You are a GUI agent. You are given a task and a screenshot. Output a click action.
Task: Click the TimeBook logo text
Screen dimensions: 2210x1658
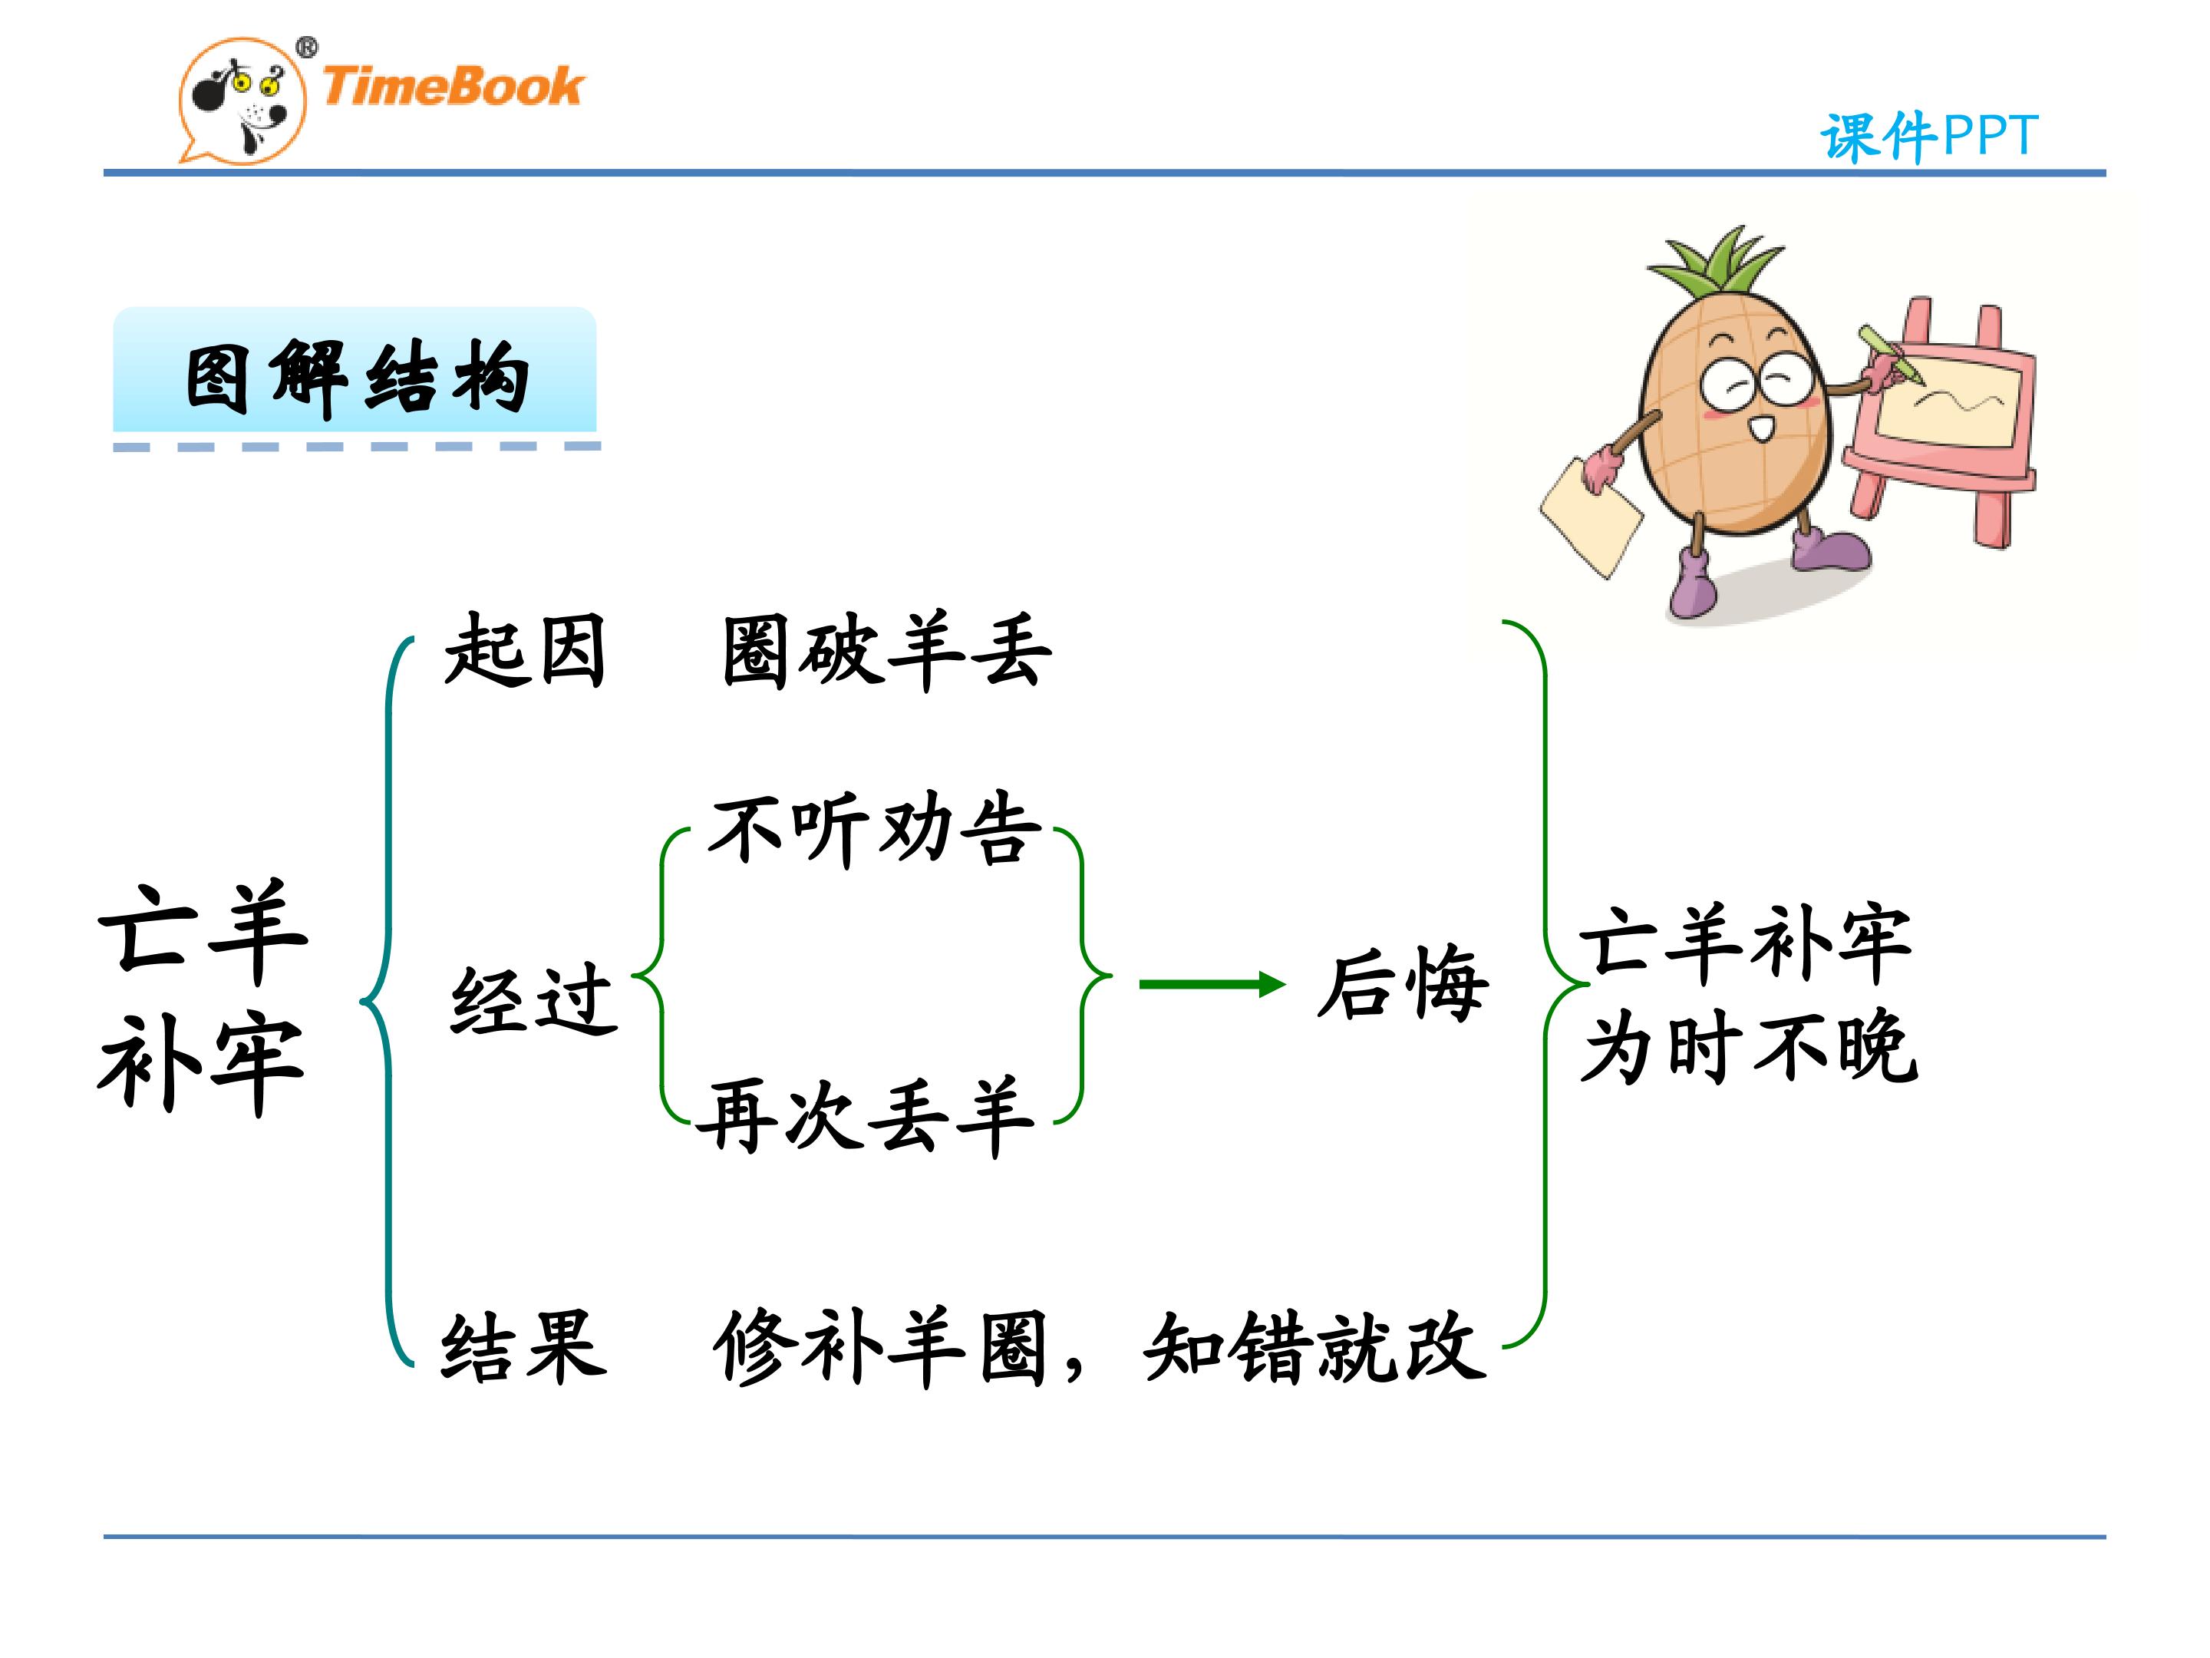pos(451,86)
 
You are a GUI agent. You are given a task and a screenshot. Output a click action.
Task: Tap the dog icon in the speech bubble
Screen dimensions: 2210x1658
pos(242,101)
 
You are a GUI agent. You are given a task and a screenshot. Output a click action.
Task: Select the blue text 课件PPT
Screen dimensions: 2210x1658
pos(1928,137)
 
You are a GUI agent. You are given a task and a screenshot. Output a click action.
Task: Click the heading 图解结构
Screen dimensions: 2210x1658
pos(357,377)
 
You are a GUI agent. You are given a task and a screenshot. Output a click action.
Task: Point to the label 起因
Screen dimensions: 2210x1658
pos(526,651)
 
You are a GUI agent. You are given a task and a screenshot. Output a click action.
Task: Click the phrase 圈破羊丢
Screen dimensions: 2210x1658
pos(887,652)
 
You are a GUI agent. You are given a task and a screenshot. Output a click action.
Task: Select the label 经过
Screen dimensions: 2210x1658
pos(533,999)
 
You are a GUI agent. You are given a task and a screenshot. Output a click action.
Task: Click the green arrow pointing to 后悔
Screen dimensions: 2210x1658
pos(1212,984)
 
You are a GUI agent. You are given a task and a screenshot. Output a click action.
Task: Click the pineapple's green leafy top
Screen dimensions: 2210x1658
pos(1717,263)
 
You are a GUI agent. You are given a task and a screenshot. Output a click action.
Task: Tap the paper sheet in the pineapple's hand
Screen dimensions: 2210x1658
pos(1591,517)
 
